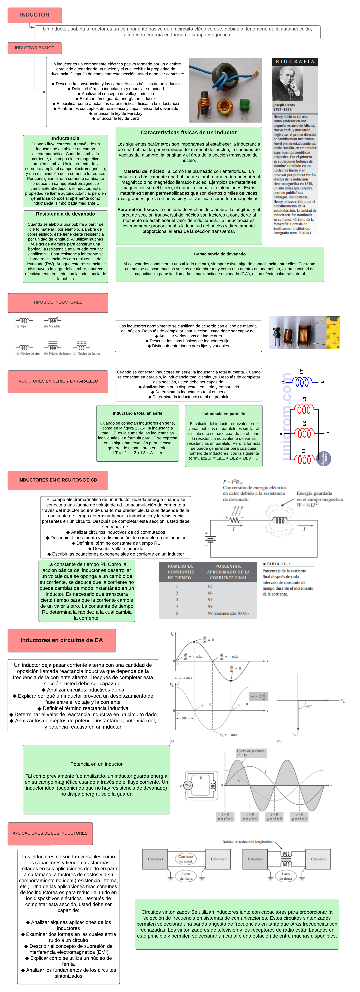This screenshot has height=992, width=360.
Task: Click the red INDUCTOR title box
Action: [35, 15]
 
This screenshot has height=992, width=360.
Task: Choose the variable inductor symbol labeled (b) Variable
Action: [52, 320]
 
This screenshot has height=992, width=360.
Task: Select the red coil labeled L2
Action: [304, 434]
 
